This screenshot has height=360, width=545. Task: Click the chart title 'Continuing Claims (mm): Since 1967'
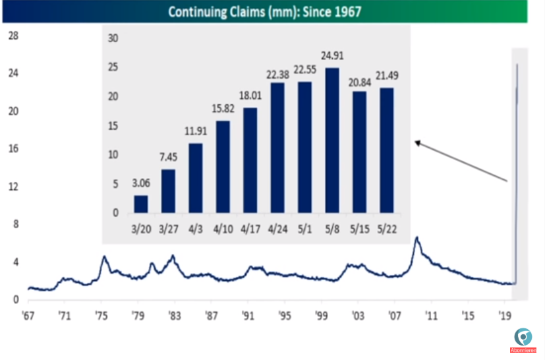click(x=264, y=12)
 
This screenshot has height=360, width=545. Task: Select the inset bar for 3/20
click(x=141, y=204)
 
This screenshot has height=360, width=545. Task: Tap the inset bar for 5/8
click(x=332, y=140)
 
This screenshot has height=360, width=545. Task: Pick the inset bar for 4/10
click(x=223, y=166)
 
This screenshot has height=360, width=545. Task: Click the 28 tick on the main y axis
click(x=12, y=36)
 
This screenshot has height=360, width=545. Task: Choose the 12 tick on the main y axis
click(x=12, y=187)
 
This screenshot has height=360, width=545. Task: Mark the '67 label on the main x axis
click(x=28, y=315)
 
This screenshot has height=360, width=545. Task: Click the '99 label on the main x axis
click(x=321, y=315)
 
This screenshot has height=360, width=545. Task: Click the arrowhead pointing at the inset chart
click(x=417, y=141)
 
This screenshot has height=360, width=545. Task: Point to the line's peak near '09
click(x=416, y=237)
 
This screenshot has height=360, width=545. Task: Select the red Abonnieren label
click(x=523, y=350)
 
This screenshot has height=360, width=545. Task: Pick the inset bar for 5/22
click(x=386, y=150)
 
